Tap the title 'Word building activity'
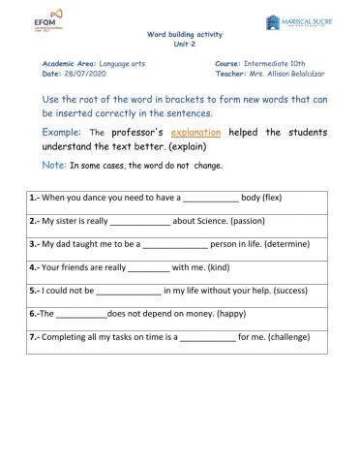coord(179,32)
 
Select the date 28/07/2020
coord(79,73)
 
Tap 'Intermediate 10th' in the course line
coord(268,63)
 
